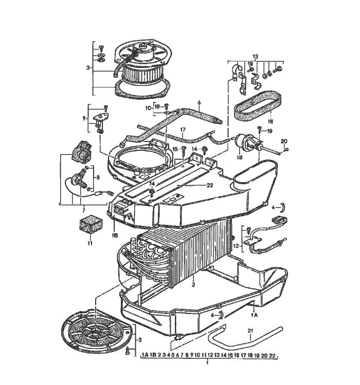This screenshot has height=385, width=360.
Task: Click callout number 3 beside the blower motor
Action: (x=88, y=67)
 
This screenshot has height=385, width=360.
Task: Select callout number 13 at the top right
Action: (x=255, y=56)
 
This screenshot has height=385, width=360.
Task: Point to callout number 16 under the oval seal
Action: (x=269, y=121)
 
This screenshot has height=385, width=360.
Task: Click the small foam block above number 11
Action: (x=89, y=224)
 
